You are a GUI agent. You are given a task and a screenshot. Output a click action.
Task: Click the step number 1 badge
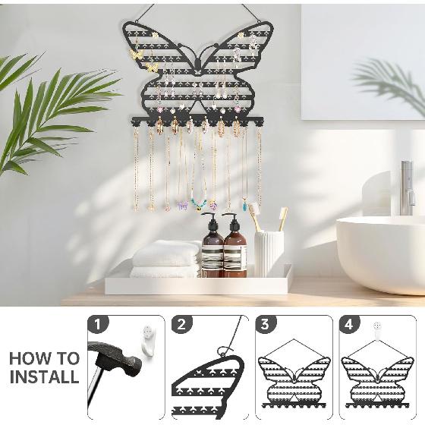tap(96, 325)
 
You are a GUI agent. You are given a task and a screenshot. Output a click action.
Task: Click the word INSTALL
tap(44, 376)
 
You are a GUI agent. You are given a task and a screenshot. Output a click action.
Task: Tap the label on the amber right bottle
tap(235, 258)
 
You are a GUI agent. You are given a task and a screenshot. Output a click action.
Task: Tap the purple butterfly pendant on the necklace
tap(182, 205)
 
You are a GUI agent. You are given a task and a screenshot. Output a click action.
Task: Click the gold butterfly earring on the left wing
tap(151, 68)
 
